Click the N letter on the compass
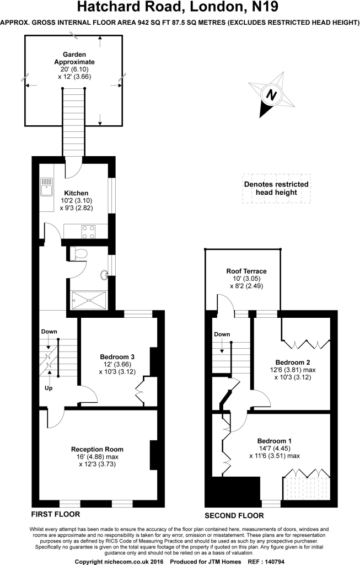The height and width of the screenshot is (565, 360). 271,95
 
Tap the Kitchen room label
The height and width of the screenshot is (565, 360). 76,193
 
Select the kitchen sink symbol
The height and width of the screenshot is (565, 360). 46,186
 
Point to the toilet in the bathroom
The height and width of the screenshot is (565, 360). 78,253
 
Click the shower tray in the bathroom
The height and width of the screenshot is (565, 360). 89,300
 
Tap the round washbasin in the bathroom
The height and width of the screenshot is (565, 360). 105,275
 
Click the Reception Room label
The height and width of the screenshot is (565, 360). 97,449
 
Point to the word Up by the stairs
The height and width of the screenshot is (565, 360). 49,388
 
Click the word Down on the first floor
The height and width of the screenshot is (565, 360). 49,332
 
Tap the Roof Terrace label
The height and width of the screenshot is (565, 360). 246,271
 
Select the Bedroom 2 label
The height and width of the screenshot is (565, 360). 293,363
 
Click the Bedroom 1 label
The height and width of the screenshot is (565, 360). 275,441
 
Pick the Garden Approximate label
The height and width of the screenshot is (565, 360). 74,58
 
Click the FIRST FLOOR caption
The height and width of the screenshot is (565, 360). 56,514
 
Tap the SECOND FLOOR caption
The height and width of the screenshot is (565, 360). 234,516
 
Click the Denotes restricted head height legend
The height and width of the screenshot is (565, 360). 276,189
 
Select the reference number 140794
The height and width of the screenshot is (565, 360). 275,562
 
